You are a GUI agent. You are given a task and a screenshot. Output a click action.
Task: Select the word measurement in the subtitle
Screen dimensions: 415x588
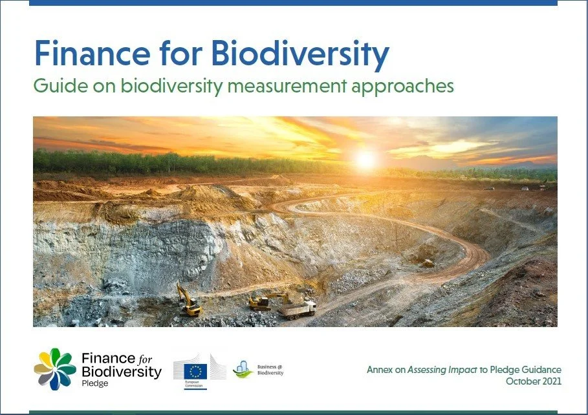(x=298, y=87)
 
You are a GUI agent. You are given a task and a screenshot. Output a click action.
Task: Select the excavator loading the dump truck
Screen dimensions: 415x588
(x=262, y=301)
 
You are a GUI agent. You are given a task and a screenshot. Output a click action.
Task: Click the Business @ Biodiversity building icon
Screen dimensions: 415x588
(x=242, y=369)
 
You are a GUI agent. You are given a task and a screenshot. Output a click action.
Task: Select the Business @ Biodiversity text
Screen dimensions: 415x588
(x=270, y=368)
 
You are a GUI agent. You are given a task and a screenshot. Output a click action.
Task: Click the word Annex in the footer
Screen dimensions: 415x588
(x=379, y=370)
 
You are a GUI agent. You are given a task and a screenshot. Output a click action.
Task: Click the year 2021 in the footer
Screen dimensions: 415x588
(x=550, y=381)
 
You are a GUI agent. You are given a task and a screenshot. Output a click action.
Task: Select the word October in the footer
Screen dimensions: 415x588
(x=521, y=381)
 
